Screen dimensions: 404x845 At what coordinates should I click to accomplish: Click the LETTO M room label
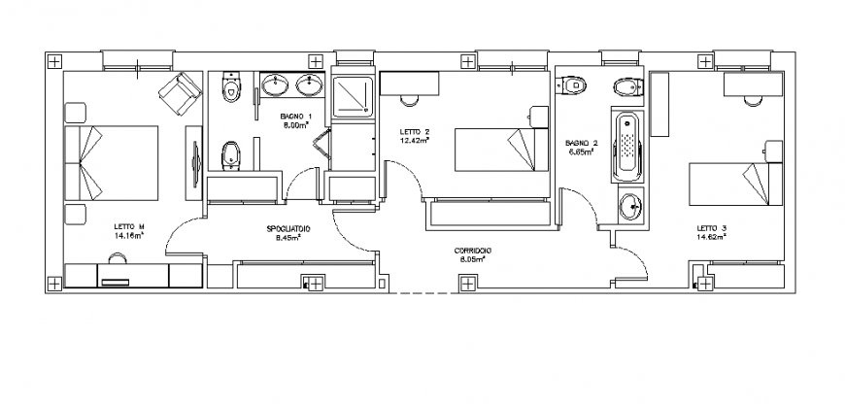tap(128, 228)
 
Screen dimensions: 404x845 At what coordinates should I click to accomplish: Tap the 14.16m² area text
tap(128, 236)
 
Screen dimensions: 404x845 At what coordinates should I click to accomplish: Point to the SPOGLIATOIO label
tap(287, 228)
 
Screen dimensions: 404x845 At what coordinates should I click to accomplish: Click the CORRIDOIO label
tap(473, 252)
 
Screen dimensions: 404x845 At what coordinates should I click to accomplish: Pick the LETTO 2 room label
tap(415, 131)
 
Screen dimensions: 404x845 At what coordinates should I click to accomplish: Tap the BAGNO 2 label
tap(581, 143)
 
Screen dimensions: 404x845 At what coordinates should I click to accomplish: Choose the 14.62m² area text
tap(711, 236)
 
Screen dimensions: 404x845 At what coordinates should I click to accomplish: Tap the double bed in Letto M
tap(110, 161)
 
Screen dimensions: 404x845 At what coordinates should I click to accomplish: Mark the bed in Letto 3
tap(735, 185)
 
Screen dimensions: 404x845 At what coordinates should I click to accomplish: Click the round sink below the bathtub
tap(630, 205)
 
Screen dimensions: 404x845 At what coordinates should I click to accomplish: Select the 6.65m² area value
tap(581, 151)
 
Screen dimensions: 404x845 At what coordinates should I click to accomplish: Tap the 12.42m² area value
tap(415, 139)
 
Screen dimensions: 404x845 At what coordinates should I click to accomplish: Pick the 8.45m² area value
tap(287, 236)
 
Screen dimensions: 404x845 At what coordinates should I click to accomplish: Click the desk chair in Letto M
tap(118, 259)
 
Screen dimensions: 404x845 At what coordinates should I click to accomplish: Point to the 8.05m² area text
tap(473, 259)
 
